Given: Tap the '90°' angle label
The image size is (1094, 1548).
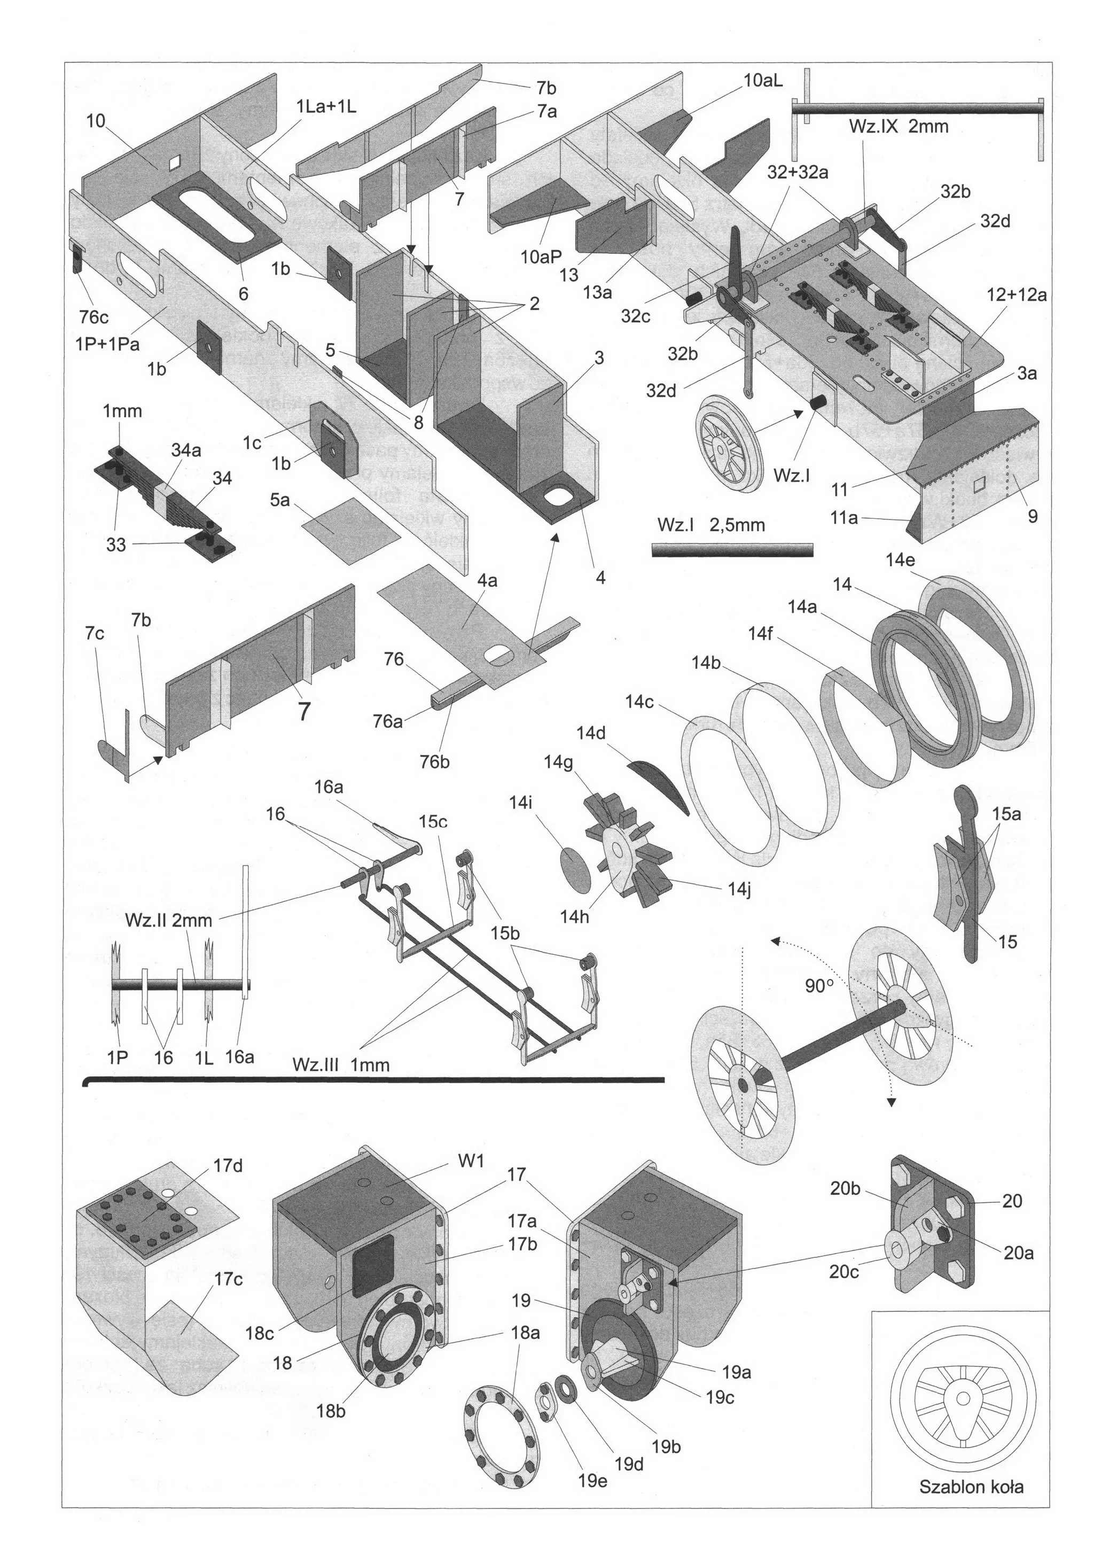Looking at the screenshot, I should [819, 986].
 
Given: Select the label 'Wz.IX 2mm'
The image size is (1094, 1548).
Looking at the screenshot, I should [898, 126].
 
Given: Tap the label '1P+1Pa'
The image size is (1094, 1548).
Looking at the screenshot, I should [108, 345].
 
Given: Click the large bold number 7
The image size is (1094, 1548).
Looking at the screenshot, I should [304, 711].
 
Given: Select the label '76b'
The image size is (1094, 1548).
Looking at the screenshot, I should [435, 762].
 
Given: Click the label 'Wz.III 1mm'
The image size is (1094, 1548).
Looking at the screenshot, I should [341, 1064].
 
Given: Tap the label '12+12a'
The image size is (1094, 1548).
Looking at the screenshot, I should [1017, 294].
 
